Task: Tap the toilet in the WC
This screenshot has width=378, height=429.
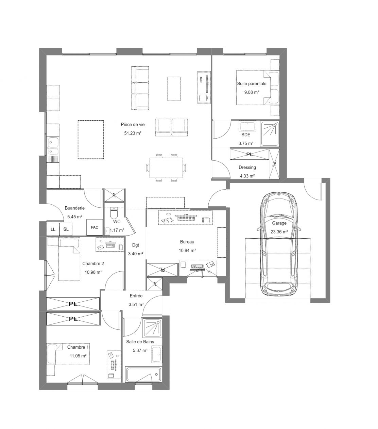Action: tap(114, 213)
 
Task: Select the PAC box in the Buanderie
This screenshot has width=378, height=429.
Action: tap(94, 227)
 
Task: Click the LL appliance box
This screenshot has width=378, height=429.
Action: tap(53, 229)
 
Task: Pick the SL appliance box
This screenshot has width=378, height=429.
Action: tap(66, 229)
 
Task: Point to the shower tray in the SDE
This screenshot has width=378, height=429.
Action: tap(270, 134)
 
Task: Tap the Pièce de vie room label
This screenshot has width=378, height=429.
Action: tap(133, 125)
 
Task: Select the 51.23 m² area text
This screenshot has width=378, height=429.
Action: tap(133, 133)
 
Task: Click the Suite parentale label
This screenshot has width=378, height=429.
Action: tap(252, 84)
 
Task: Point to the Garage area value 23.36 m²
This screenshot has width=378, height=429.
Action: tap(279, 232)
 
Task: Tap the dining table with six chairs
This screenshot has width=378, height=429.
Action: tap(166, 168)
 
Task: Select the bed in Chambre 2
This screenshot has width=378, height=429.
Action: tap(69, 259)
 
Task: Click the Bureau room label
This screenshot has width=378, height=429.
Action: tap(187, 242)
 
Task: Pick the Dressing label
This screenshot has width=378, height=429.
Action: tap(247, 167)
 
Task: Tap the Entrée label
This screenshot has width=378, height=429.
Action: tap(136, 296)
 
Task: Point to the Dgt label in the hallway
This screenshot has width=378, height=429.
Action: tap(136, 245)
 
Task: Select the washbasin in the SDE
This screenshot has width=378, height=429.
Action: tap(247, 126)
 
